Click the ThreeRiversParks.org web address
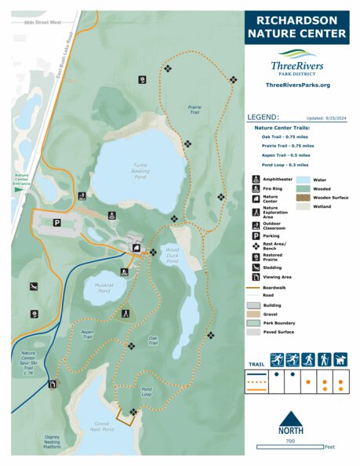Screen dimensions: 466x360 click(x=297, y=85)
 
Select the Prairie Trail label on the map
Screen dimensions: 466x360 click(x=195, y=110)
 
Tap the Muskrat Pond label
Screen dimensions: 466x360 click(x=104, y=287)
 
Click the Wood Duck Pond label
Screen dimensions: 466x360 click(x=171, y=255)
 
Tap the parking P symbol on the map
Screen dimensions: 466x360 click(x=56, y=223)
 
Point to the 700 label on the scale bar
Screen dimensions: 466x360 click(x=291, y=441)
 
